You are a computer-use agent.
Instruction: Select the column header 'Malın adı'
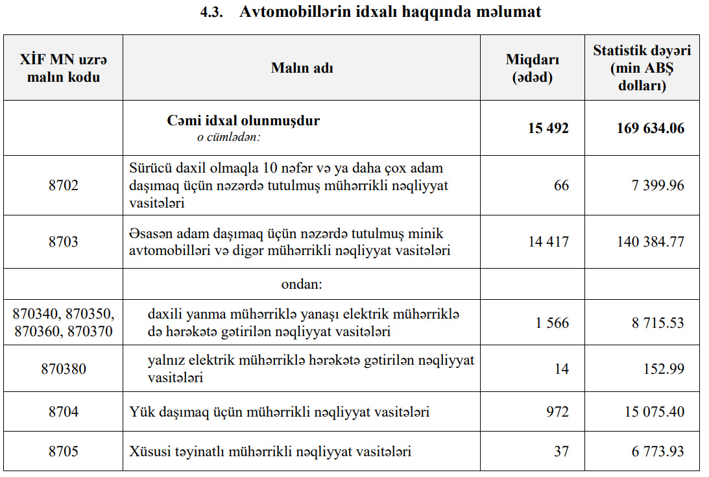[x=302, y=67]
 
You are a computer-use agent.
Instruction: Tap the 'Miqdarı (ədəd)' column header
[x=533, y=68]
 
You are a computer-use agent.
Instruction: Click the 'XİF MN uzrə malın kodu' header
[x=64, y=68]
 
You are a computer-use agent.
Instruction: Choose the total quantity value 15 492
[x=548, y=128]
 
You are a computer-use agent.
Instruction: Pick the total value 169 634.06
[x=650, y=128]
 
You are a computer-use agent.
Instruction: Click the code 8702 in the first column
[x=64, y=186]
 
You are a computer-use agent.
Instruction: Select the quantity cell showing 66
[x=561, y=186]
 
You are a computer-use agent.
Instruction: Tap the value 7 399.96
[x=658, y=186]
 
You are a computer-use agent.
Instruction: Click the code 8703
[x=64, y=241]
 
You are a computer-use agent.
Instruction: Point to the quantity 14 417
[x=549, y=241]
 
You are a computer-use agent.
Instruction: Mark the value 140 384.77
[x=650, y=241]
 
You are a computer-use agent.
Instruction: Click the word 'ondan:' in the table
[x=302, y=284]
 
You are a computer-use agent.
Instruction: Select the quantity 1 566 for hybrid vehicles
[x=552, y=323]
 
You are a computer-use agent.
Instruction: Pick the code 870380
[x=64, y=369]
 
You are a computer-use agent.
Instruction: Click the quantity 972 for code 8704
[x=557, y=411]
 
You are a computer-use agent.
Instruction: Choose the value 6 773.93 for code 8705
[x=658, y=450]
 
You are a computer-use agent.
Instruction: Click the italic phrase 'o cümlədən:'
[x=229, y=138]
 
